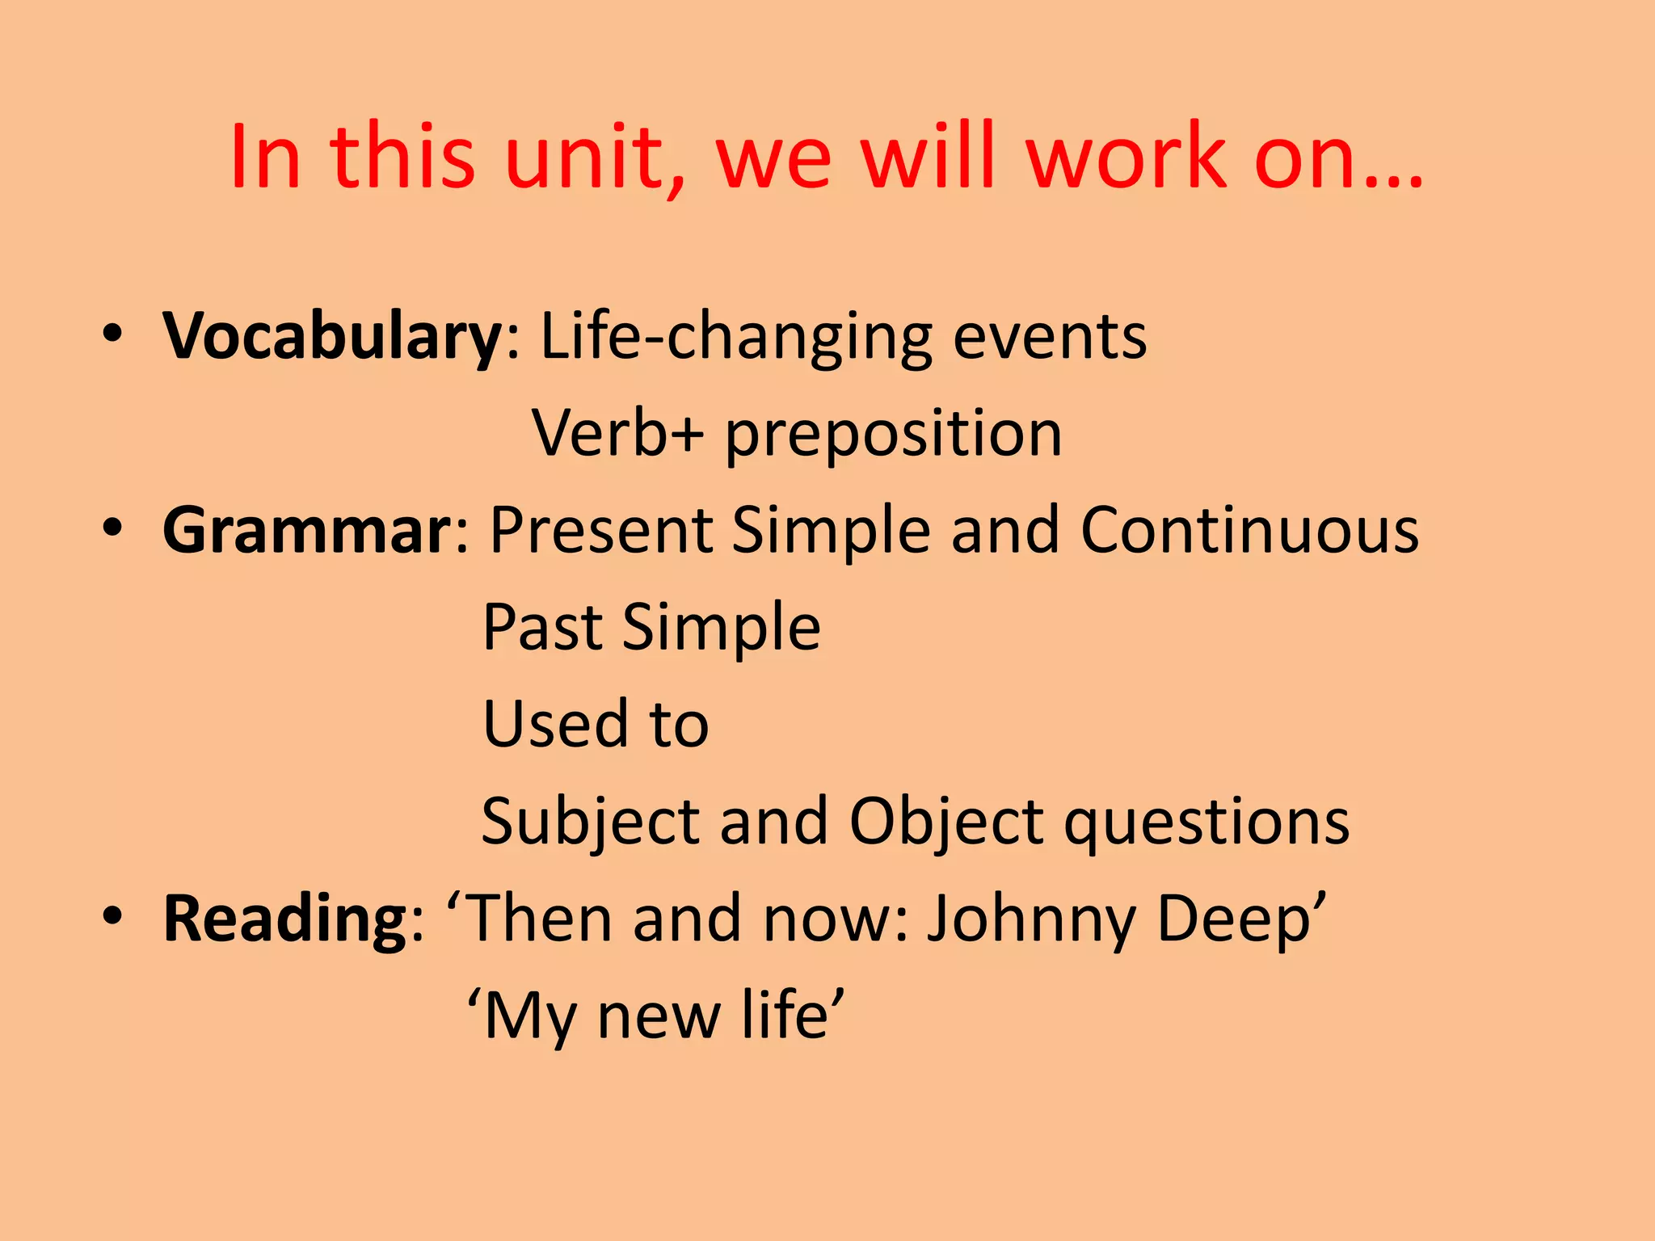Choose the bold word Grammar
point(307,530)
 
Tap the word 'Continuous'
point(1249,530)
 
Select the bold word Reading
point(286,919)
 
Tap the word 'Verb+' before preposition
point(617,435)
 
